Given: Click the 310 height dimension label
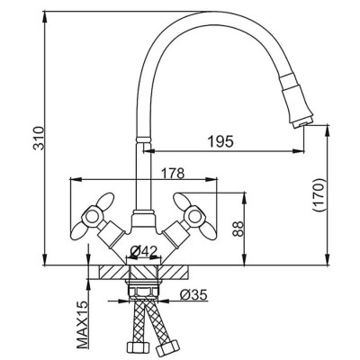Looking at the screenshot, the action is point(39,138).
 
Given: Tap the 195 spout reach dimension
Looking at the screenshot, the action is point(220,141).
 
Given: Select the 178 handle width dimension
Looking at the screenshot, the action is point(173,173).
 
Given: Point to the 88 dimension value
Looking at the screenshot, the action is point(238,229).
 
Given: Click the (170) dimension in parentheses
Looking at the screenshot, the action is point(319,195).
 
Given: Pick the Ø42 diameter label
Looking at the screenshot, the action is point(144,251).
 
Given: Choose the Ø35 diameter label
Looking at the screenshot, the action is point(193,295).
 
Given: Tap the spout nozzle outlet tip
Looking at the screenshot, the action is point(302,123).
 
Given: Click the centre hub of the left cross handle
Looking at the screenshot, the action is point(91,216).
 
